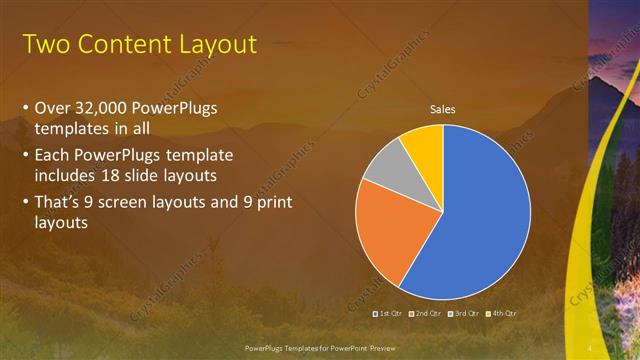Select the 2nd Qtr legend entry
(425, 314)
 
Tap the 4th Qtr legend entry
(502, 314)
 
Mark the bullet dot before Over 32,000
(25, 108)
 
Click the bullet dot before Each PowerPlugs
(25, 156)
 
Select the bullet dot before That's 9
(25, 203)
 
